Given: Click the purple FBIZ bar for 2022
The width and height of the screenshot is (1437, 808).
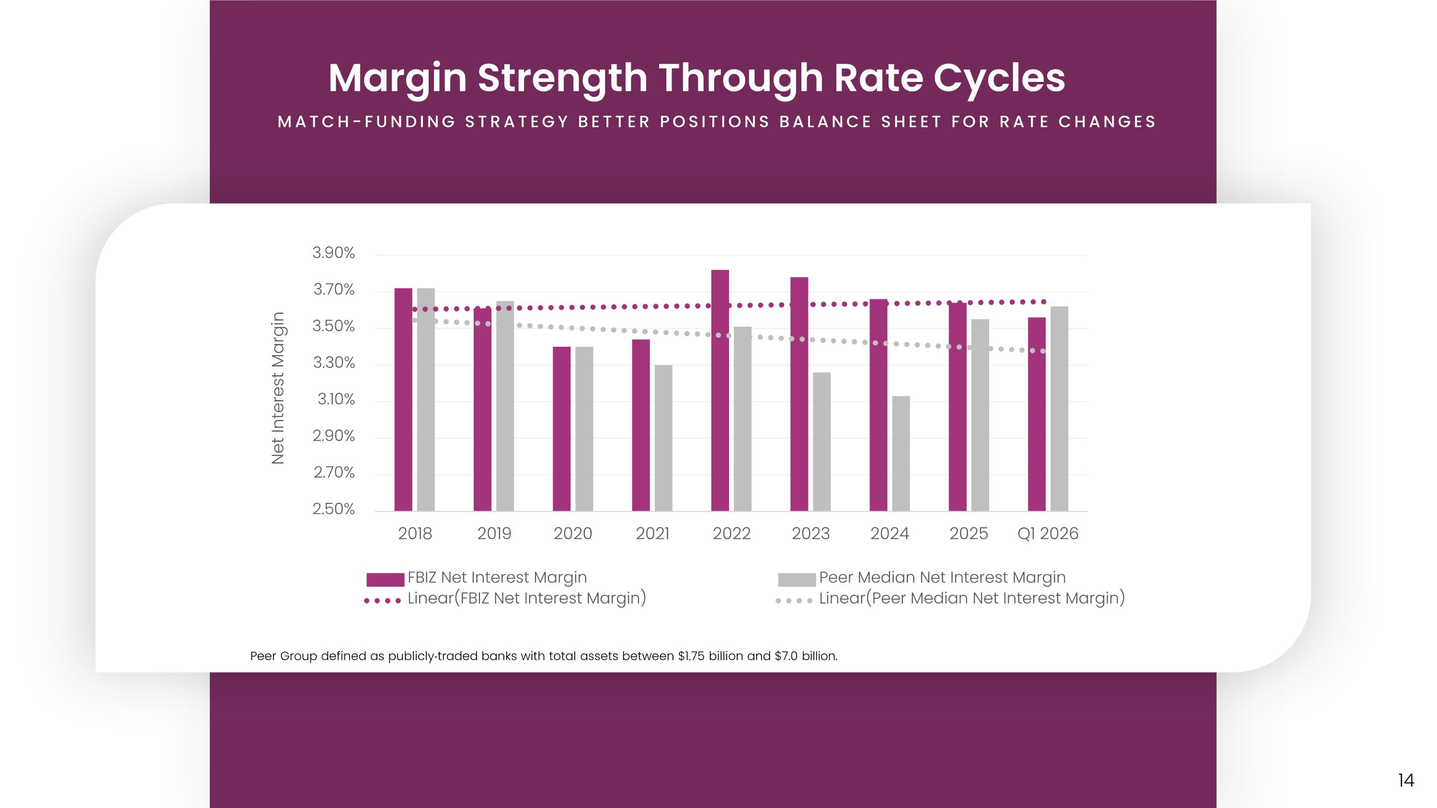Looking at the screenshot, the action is coord(719,390).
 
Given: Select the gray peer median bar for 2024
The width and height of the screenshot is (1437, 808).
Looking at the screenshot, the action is coord(901,454).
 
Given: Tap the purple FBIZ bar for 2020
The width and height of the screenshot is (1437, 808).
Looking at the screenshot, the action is coord(562,429).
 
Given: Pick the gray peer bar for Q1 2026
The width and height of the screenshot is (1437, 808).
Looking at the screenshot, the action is coord(1060,409).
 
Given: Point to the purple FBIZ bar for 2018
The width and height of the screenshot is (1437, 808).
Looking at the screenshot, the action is coord(403,399).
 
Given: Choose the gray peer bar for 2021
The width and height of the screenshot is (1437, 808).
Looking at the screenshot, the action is coord(663,438).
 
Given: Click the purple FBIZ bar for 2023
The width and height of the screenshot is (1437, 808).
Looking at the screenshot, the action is coord(799,394).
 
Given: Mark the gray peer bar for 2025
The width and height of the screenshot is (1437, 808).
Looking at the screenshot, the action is coord(980,415).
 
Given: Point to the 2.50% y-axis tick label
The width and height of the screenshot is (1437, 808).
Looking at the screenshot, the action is coord(333,509).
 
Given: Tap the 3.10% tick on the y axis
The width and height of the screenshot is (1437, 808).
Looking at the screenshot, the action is coord(336,399).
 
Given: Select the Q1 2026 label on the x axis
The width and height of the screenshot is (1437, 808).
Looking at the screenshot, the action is coord(1048,534).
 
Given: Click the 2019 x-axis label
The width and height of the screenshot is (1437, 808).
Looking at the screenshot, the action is coord(494,534).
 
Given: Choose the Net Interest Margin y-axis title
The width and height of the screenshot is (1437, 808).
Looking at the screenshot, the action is coord(278,388).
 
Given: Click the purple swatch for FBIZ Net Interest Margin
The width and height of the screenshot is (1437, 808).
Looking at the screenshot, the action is coord(386,580).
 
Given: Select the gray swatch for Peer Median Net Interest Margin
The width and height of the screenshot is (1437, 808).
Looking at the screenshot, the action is coord(797,580).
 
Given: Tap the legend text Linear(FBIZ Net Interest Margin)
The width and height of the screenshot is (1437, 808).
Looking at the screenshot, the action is coord(526,598).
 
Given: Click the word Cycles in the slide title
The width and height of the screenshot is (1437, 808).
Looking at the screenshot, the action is coord(1000,79).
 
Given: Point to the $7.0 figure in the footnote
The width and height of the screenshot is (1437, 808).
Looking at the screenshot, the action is coord(786,656).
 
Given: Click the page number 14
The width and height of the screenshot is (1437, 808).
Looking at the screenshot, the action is coord(1406,780).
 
